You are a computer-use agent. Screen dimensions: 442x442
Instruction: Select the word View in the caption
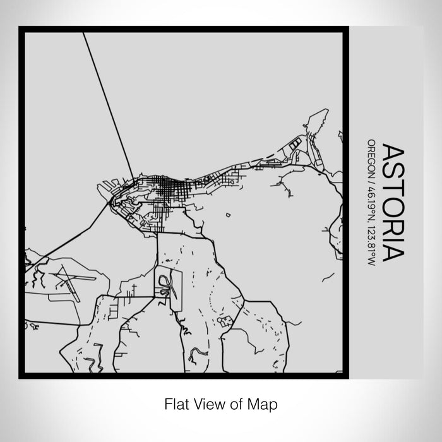tap(208, 402)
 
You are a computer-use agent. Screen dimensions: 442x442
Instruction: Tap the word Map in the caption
tap(264, 402)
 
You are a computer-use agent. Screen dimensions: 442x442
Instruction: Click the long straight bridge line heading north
tap(109, 104)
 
